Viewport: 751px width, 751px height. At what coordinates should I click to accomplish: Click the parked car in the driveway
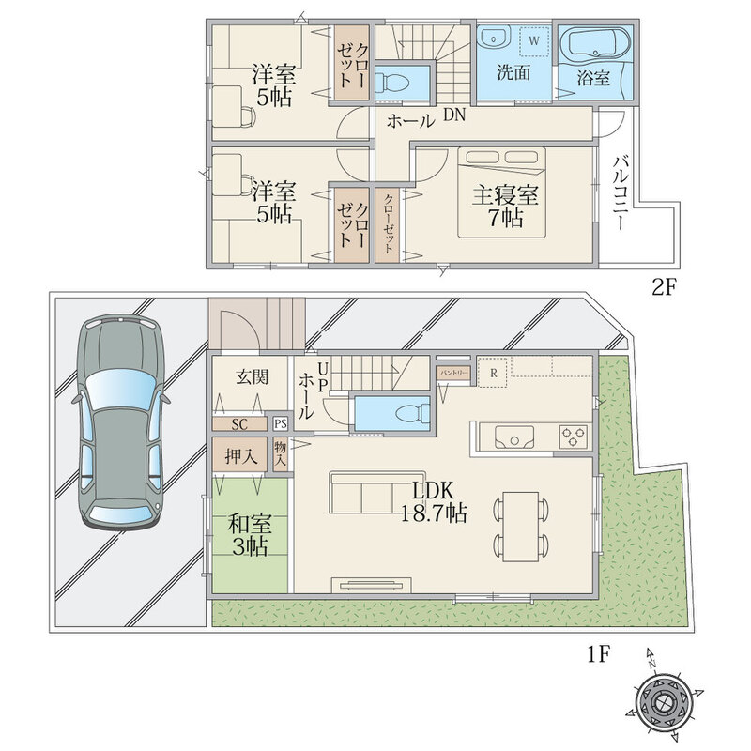121,421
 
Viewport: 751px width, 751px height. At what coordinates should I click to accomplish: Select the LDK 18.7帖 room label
434,502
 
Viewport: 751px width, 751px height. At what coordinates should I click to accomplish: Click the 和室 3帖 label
250,535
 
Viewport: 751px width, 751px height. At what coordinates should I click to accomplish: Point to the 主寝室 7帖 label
505,207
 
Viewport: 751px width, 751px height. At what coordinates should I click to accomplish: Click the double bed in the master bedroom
501,192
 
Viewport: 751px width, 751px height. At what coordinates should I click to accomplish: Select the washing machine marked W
534,40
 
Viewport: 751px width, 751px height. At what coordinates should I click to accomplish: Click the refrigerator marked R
494,371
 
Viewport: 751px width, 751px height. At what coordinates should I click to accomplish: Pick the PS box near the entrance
281,424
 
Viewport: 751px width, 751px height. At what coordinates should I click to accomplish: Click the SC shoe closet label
240,424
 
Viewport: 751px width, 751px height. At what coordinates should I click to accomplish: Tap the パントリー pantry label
452,372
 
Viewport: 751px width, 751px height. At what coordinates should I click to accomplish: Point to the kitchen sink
514,437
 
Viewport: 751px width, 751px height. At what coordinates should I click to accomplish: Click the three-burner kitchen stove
575,437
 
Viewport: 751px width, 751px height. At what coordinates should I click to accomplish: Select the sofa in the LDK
377,494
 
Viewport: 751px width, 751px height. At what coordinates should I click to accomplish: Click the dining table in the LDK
520,527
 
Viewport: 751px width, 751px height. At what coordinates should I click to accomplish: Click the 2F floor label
664,287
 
